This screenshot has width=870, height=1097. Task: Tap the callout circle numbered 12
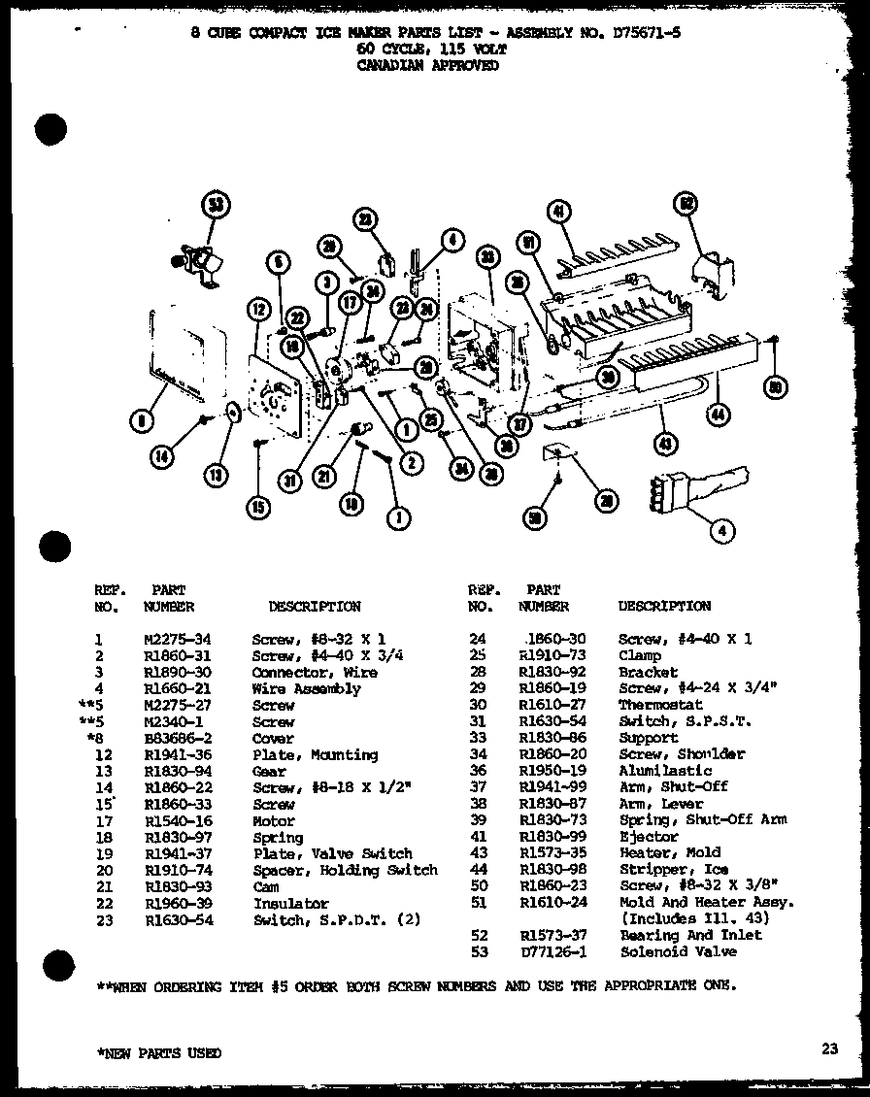pyautogui.click(x=257, y=311)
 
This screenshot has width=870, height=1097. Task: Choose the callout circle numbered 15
pyautogui.click(x=256, y=505)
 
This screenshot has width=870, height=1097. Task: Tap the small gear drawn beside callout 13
pyautogui.click(x=234, y=413)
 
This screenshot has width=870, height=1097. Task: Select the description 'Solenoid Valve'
pyautogui.click(x=668, y=952)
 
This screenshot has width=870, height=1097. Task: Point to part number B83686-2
pyautogui.click(x=177, y=738)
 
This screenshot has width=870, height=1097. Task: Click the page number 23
pyautogui.click(x=828, y=1047)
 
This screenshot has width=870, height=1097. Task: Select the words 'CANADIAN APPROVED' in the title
pyautogui.click(x=428, y=66)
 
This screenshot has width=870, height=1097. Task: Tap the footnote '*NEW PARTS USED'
pyautogui.click(x=158, y=1053)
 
